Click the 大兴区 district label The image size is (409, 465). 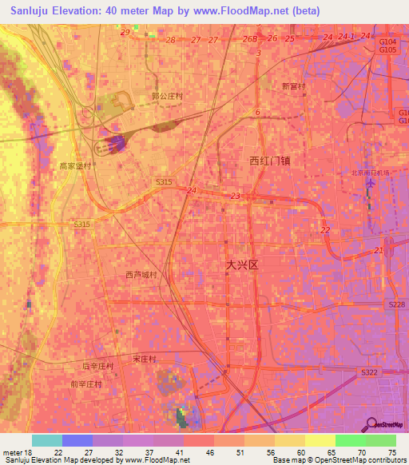(243, 264)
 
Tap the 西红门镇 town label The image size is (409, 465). (269, 161)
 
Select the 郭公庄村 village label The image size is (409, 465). (167, 96)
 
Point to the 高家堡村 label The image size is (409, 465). (76, 166)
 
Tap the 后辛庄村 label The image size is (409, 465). (98, 366)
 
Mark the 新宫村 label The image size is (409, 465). (294, 85)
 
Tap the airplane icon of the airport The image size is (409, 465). (370, 185)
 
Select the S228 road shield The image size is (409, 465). (396, 304)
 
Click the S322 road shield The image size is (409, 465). (368, 373)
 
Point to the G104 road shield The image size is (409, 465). (387, 41)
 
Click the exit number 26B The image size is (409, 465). (250, 39)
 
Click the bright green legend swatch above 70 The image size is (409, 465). (350, 440)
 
